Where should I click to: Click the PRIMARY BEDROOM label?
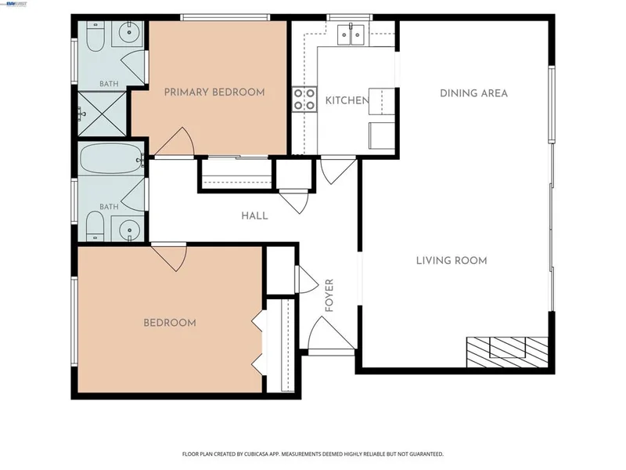click(214, 92)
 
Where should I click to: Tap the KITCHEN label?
click(347, 100)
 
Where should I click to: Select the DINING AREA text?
click(474, 93)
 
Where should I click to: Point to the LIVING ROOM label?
click(452, 261)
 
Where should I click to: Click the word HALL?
click(254, 216)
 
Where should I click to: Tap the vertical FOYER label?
click(329, 295)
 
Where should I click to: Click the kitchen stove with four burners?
click(304, 99)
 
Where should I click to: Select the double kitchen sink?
click(351, 35)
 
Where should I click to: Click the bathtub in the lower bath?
click(111, 158)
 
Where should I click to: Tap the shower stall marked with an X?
click(102, 114)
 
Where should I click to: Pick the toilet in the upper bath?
click(95, 37)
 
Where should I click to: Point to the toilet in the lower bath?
click(95, 226)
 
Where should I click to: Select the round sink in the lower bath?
click(128, 230)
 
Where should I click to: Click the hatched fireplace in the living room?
click(507, 352)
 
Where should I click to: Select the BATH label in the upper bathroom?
click(109, 84)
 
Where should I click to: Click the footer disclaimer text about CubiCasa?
click(312, 454)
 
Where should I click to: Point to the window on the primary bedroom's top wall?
click(225, 17)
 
